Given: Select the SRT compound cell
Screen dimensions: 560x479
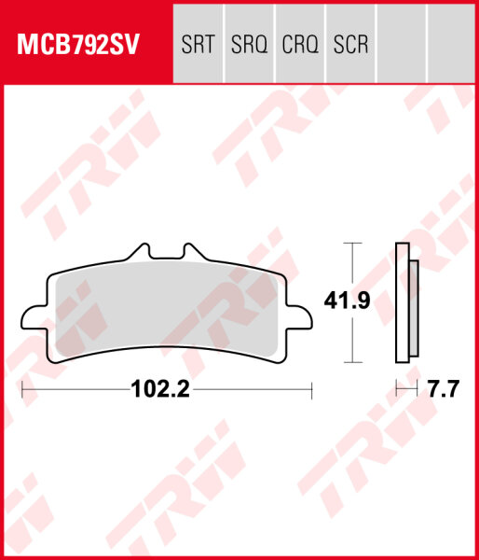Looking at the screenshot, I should coord(198,45).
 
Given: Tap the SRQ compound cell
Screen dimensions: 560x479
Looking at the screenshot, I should coord(249,45).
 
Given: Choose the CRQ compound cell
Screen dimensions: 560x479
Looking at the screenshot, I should coord(300,45).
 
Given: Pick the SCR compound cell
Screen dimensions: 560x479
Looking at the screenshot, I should coord(350,45).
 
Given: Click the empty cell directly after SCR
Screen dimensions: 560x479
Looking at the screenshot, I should coord(401,45).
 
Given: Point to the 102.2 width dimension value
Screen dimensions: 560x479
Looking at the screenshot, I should coord(160,390).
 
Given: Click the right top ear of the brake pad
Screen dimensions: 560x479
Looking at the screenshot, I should coord(194,253).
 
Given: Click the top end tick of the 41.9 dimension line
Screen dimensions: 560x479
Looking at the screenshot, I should coord(350,243).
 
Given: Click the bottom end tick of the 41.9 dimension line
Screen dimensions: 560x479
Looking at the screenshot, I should coord(350,361).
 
